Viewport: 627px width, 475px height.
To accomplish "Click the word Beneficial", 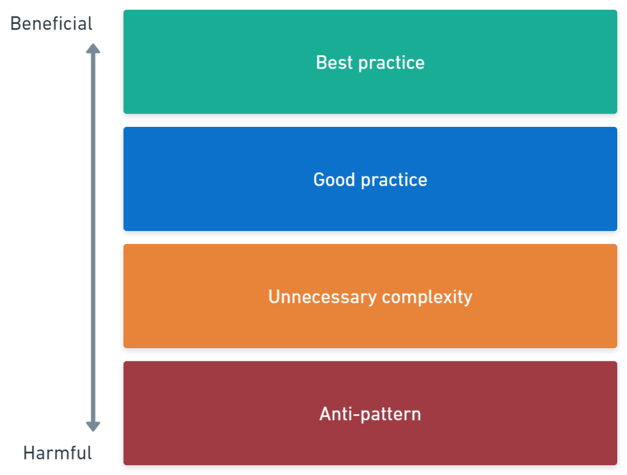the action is coord(51,24).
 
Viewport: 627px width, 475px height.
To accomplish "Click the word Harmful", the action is coord(58,453).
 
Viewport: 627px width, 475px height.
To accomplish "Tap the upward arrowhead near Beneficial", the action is coord(93,48).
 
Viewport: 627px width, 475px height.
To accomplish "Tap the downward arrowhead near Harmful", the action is coord(93,427).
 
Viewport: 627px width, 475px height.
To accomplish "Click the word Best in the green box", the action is coord(334,63).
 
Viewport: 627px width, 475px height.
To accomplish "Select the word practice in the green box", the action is coord(391,63).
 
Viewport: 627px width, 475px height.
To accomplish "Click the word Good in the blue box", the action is coord(334,180).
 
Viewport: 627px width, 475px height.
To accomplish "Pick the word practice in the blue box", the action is coord(394,180).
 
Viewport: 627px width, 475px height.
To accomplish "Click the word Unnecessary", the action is coord(322,297).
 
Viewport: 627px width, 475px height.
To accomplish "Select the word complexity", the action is coord(427,297).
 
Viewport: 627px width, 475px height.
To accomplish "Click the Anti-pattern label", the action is coord(370,414).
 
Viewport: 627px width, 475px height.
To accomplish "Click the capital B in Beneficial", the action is coord(16,24).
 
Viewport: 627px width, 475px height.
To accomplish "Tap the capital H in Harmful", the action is coord(29,453).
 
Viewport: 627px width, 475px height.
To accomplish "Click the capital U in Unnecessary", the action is coord(274,297).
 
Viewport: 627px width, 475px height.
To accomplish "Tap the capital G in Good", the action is coord(320,180).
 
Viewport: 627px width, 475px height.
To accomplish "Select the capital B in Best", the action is coord(322,63).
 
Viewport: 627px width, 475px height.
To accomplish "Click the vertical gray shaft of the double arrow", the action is coord(93,238).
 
